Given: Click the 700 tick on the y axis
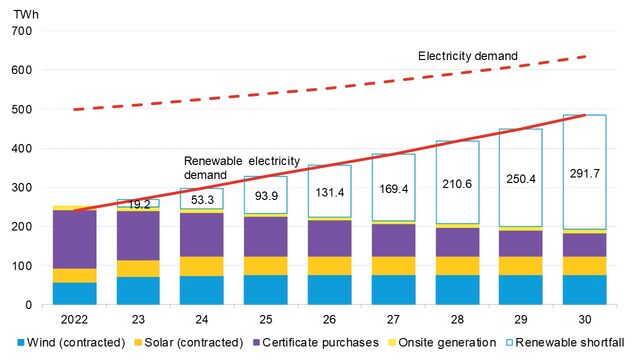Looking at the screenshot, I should pos(22,32).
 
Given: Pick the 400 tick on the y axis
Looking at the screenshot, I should pos(22,149).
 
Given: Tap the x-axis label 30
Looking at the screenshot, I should pos(585,320).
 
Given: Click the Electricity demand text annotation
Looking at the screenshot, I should pos(468,55).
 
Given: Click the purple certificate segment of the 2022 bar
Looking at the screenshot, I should pos(75,239).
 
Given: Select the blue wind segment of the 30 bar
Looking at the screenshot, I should pos(585,290).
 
